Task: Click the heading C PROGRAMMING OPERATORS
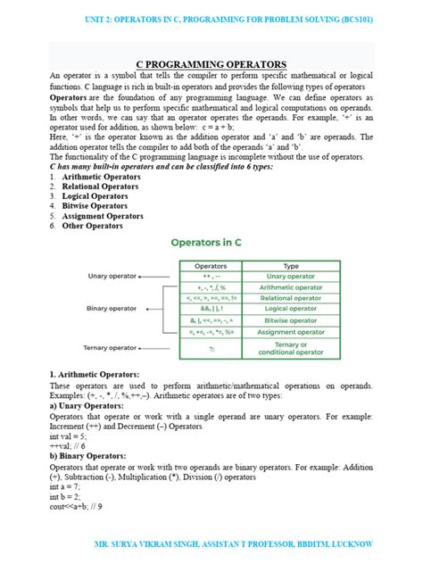(x=211, y=64)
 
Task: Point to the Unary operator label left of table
(x=112, y=277)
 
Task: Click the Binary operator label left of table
(x=112, y=310)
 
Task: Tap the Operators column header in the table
(x=211, y=266)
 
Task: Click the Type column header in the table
(x=291, y=266)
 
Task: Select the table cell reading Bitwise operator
(x=291, y=320)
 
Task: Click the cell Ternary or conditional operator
(x=291, y=349)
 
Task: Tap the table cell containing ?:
(x=211, y=349)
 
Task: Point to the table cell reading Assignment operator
(x=291, y=331)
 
